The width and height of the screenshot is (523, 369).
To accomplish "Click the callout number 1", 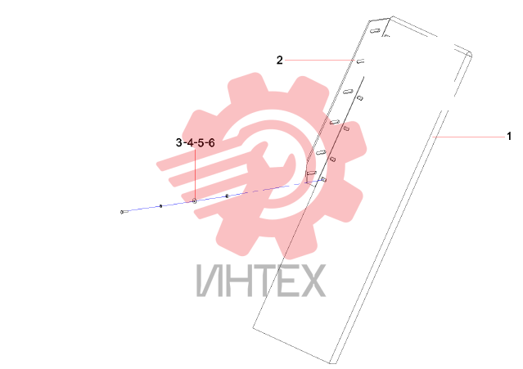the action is (509, 136).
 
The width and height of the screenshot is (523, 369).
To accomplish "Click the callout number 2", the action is (280, 60).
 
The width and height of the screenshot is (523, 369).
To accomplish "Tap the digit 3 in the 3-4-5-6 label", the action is (178, 142).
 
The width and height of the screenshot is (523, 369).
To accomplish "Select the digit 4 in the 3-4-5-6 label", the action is (190, 142).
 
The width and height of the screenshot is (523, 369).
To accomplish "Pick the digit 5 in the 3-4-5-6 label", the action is (201, 142).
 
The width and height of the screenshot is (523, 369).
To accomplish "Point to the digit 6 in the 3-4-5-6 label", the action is (211, 142).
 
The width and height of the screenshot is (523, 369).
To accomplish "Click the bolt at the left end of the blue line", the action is (123, 212).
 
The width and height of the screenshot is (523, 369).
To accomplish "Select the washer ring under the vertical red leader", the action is (195, 201).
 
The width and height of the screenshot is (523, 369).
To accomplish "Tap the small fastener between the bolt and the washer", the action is (160, 206).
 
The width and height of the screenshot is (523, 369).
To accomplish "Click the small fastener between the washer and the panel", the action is (228, 196).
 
